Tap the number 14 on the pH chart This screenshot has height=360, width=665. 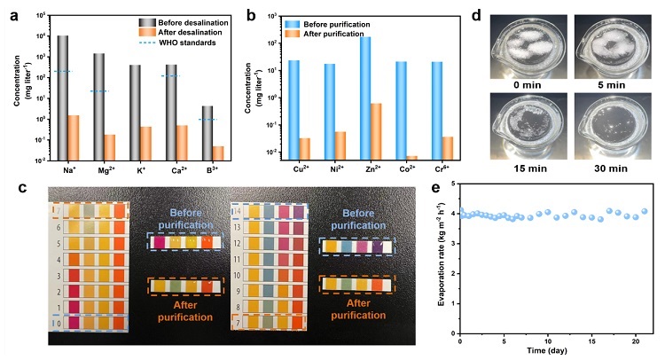pyautogui.click(x=239, y=213)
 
